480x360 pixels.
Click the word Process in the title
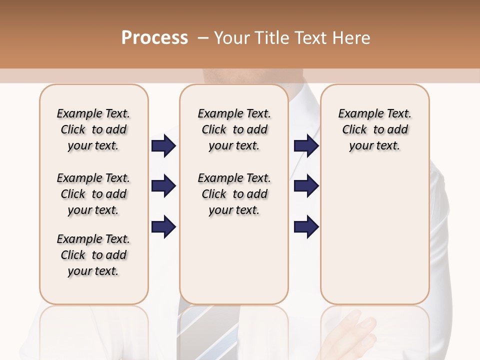click(x=154, y=38)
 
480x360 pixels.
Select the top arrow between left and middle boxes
click(x=163, y=146)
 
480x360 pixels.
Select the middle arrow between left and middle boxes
click(x=163, y=186)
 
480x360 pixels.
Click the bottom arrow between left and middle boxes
click(x=163, y=227)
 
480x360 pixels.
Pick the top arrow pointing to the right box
click(x=306, y=146)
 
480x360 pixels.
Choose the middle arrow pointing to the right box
click(x=306, y=186)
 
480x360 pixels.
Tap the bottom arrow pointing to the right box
click(x=306, y=227)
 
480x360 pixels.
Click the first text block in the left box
click(x=93, y=129)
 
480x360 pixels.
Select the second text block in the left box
click(x=93, y=194)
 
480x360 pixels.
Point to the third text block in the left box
click(x=93, y=255)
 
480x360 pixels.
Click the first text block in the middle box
click(x=234, y=129)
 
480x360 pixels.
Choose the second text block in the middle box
click(x=234, y=194)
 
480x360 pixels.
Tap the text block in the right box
click(x=375, y=129)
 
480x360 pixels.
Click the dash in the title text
click(x=203, y=38)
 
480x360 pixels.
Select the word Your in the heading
click(x=232, y=38)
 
